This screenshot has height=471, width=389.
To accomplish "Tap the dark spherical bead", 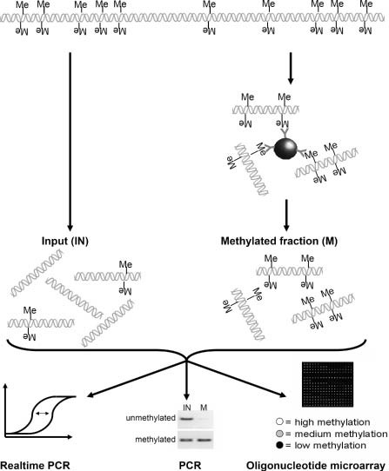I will (286, 149).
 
